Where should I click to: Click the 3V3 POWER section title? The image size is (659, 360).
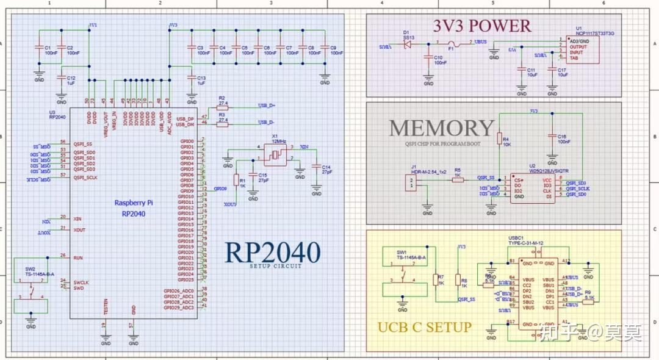point(482,26)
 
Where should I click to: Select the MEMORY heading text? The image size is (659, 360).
point(441,128)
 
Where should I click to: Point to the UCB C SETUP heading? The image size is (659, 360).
point(425,327)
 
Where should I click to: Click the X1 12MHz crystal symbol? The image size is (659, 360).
point(275,156)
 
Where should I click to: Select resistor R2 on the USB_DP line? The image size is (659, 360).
point(222,108)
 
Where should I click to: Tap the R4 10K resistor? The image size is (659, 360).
point(499,138)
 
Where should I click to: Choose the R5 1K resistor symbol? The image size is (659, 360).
point(457,179)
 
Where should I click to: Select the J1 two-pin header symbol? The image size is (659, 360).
point(414,182)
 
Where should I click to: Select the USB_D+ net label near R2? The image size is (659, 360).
point(266,106)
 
